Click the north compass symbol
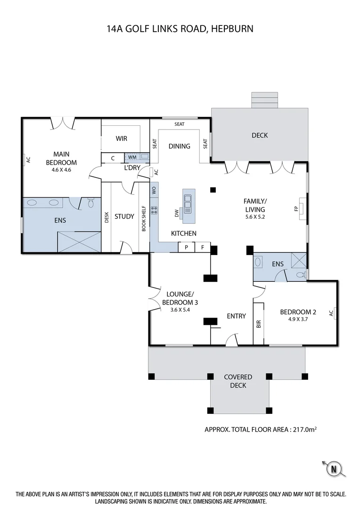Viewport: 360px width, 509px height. [334, 469]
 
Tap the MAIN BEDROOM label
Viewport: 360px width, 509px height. [65, 158]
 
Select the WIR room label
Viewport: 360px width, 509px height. [122, 139]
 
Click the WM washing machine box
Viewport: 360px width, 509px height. [131, 157]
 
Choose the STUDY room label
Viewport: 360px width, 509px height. [124, 216]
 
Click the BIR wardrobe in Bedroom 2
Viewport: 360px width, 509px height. [259, 324]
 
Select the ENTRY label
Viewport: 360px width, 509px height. [236, 316]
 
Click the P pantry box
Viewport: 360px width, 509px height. [187, 247]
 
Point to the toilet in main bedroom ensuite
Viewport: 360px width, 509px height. [91, 204]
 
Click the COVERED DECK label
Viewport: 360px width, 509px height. [238, 381]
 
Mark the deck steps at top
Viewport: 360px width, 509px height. [261, 99]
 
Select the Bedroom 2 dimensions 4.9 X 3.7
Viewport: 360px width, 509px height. [297, 320]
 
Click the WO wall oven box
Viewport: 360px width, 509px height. [154, 190]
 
